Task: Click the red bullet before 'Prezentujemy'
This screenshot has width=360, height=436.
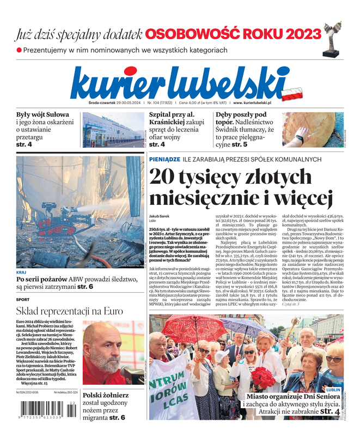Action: [19, 50]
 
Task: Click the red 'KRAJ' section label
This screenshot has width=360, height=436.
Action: [21, 271]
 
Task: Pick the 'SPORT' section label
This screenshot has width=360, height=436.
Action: [23, 299]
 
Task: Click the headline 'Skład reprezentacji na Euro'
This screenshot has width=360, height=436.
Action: [69, 311]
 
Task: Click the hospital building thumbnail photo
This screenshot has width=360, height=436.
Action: [112, 130]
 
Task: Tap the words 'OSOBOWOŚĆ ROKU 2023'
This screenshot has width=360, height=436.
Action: [233, 34]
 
